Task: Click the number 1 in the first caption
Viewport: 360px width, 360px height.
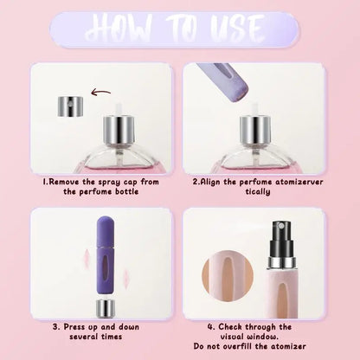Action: pyautogui.click(x=44, y=183)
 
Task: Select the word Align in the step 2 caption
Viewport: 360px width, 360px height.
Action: pyautogui.click(x=225, y=183)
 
